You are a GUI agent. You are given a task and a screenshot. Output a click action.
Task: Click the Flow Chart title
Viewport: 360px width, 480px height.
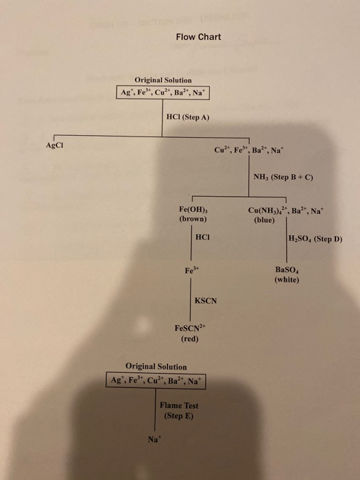[x=198, y=36]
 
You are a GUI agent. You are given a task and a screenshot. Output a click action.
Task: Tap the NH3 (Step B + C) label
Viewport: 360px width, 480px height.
[x=283, y=178]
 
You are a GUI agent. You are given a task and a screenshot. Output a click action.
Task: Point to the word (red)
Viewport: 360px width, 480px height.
[x=189, y=339]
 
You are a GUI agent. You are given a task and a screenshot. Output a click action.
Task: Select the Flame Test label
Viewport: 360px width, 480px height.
[x=178, y=406]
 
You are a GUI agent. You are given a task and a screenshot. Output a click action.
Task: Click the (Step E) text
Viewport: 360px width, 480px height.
[x=178, y=416]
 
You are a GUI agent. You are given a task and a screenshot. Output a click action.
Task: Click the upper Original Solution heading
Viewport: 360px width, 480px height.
[x=163, y=80]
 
